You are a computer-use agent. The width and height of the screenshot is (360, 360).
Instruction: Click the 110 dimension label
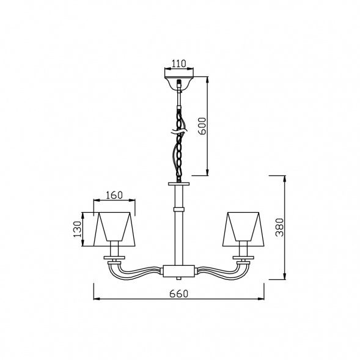[179, 64]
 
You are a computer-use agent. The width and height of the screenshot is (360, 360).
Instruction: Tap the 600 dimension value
[202, 126]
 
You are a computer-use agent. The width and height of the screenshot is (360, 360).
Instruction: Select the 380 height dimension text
[280, 227]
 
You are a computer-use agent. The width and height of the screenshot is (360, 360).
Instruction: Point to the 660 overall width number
[179, 293]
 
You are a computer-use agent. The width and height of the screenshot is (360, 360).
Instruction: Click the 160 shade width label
[114, 195]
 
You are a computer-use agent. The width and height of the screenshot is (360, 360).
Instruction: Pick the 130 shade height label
[78, 229]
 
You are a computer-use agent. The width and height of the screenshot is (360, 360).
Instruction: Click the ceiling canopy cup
[179, 83]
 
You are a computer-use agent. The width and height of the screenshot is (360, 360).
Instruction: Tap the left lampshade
[114, 229]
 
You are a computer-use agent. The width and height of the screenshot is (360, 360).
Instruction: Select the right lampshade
[243, 229]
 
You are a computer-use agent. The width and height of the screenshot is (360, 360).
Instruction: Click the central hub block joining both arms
[179, 271]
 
